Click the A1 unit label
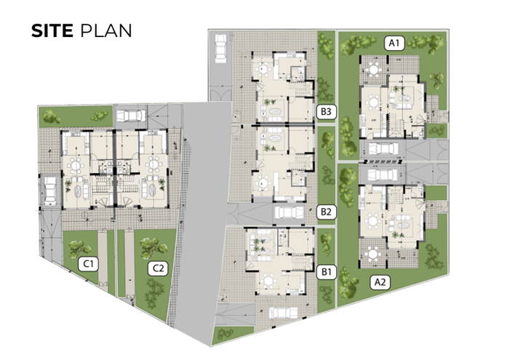click(x=394, y=44)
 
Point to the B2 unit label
click(x=326, y=212)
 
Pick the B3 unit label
click(x=326, y=112)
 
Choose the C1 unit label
click(x=89, y=263)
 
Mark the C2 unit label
click(x=157, y=268)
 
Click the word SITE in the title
click(x=52, y=31)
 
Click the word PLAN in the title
click(x=106, y=31)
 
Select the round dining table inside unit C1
click(x=76, y=164)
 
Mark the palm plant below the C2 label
click(x=152, y=293)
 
